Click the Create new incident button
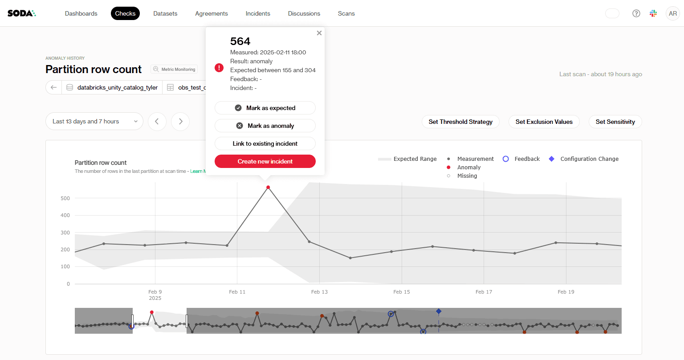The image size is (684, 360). point(265,161)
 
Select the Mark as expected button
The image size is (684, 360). point(265,108)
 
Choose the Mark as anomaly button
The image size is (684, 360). point(265,126)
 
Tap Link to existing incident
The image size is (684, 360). point(265,143)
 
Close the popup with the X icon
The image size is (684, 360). point(319,33)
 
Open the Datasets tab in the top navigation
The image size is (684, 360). point(165,13)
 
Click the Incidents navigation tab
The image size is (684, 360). point(258,13)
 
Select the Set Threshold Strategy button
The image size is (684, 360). point(460,122)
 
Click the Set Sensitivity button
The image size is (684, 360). point(615,122)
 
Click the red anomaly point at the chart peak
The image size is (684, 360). point(268,187)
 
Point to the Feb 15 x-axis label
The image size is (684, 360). point(402,292)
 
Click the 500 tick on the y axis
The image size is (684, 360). point(65,198)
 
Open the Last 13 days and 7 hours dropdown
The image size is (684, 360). point(94,121)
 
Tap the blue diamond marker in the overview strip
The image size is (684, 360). point(439,311)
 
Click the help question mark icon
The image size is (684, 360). point(636,13)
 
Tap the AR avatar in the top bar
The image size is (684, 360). point(673,13)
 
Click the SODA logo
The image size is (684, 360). point(21,13)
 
